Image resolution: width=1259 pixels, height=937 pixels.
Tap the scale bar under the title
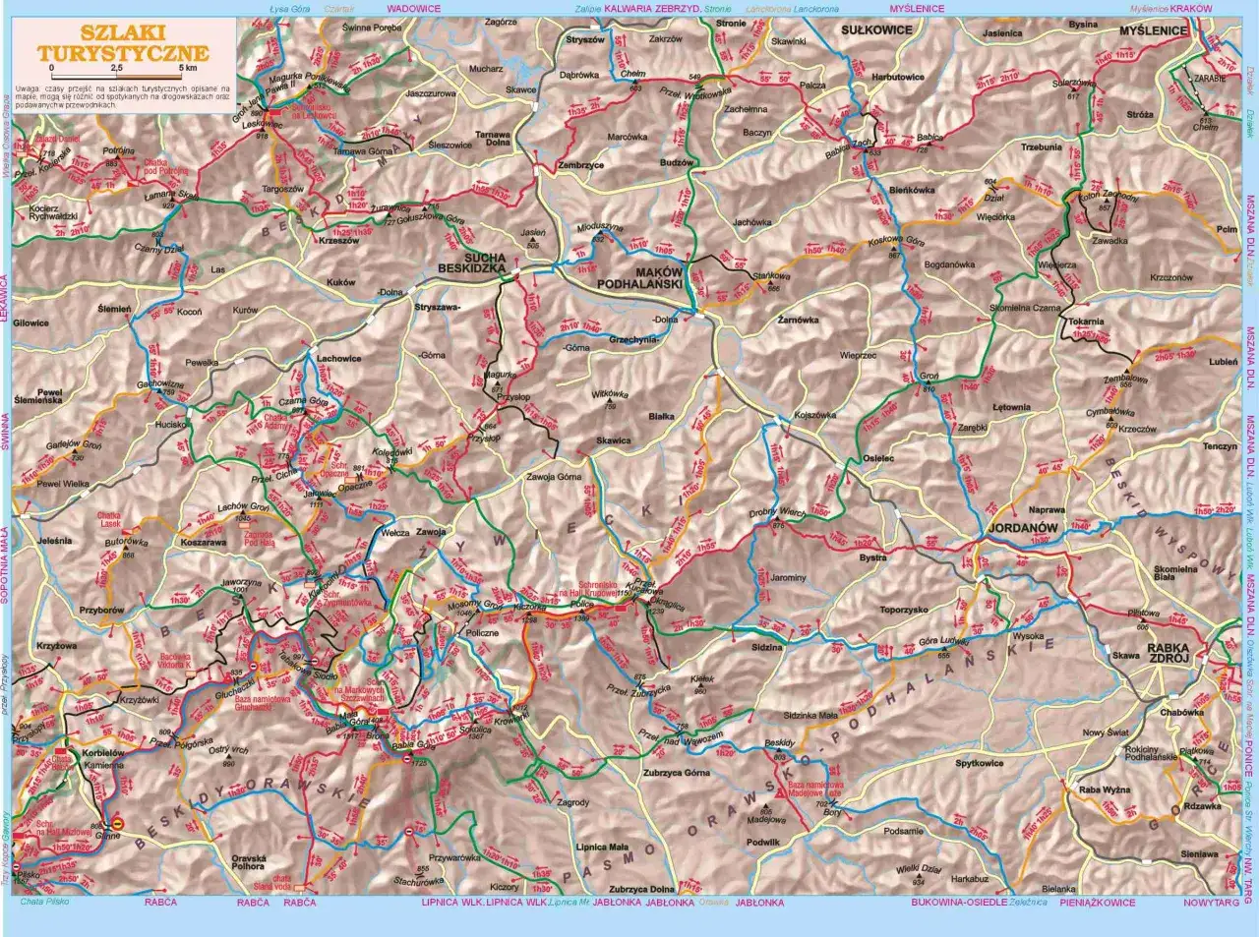122,75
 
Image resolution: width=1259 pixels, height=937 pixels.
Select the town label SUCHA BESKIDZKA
471,261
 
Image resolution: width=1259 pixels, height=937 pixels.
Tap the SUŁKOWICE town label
876,29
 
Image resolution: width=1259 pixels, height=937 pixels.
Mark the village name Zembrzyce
580,165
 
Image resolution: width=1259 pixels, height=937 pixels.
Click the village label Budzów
677,161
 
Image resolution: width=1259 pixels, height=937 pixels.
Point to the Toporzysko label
904,610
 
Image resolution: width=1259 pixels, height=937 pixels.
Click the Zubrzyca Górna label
676,773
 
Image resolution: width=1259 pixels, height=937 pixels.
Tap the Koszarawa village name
204,541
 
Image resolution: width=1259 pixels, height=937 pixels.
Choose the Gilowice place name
31,322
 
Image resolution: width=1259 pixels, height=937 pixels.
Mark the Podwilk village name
763,842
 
